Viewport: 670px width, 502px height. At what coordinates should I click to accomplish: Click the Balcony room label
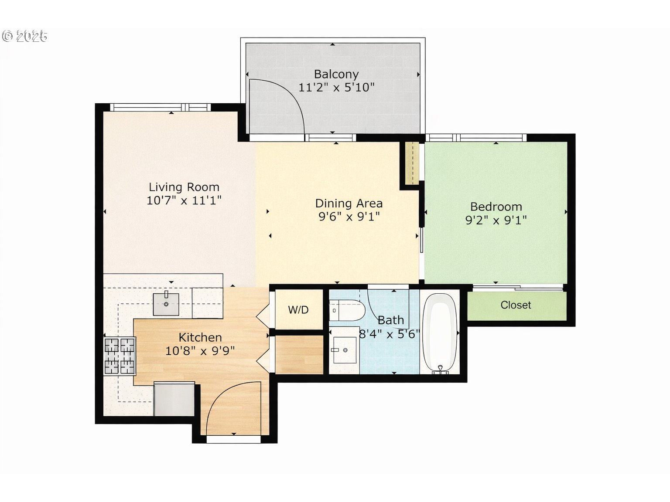pos(336,74)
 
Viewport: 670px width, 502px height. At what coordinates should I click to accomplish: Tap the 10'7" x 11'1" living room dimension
pos(184,200)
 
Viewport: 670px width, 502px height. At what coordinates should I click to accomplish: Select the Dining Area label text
pos(349,203)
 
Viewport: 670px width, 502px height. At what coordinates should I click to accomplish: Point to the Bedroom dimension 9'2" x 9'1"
pos(496,220)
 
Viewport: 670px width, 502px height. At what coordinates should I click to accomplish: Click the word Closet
pos(516,305)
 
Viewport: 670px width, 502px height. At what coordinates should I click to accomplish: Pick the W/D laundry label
pos(298,310)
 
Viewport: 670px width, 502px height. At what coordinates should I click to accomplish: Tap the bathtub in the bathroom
pos(440,333)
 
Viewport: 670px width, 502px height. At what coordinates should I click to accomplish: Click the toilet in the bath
pos(347,311)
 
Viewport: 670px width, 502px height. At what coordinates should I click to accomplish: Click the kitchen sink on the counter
pos(166,304)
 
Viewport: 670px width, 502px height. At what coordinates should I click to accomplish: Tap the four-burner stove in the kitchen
pos(120,356)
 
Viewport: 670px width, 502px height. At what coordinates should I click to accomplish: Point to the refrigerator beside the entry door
pos(174,399)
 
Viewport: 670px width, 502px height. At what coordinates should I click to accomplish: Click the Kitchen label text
pos(200,337)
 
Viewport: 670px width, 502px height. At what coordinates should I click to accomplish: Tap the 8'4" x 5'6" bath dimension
pos(389,334)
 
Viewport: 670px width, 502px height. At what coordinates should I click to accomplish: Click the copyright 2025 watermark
pos(25,36)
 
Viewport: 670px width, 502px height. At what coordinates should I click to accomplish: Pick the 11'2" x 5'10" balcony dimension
pos(336,88)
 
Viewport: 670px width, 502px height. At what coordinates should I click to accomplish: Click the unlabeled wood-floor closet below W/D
pos(299,354)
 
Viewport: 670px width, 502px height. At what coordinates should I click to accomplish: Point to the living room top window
pos(160,107)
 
